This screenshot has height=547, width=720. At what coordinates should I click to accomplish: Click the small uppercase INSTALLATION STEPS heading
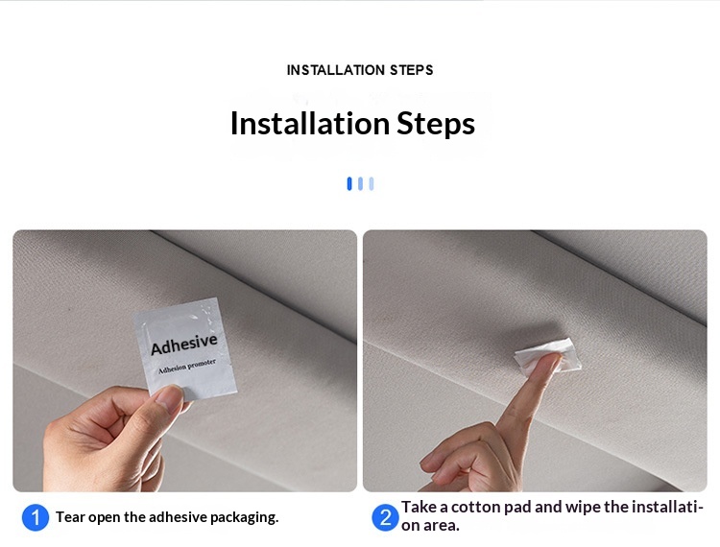point(360,70)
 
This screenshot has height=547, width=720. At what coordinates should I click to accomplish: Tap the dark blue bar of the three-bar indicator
point(349,183)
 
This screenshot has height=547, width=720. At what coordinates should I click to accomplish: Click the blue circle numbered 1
point(35,518)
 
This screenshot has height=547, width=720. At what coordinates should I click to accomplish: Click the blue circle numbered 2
point(385,518)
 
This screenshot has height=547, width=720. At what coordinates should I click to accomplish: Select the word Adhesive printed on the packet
point(184,344)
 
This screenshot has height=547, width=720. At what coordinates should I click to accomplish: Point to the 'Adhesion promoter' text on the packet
point(187,366)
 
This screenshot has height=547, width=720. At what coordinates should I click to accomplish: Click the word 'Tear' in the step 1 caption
point(70,517)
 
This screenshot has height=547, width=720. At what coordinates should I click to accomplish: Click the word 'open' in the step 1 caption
point(106,517)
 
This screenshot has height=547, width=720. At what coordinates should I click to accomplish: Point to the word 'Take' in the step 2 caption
point(419,508)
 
